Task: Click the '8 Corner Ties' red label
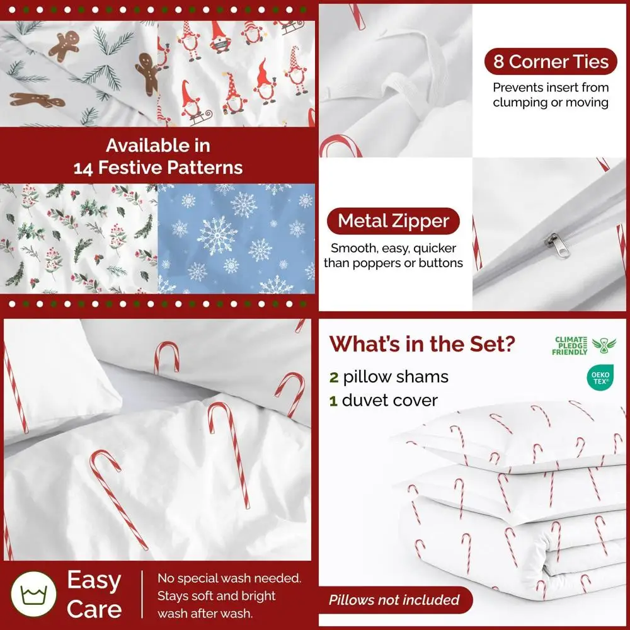(x=550, y=62)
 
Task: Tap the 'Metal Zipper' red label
(x=393, y=221)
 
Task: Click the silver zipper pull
(x=551, y=241)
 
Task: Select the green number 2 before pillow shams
(x=334, y=377)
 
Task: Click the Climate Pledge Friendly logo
(x=584, y=345)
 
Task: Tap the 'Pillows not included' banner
(x=394, y=600)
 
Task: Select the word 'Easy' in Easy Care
(x=94, y=580)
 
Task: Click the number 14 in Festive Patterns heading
(x=86, y=168)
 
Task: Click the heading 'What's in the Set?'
(x=422, y=344)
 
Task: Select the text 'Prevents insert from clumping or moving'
(x=550, y=94)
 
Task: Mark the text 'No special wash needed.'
(x=229, y=578)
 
